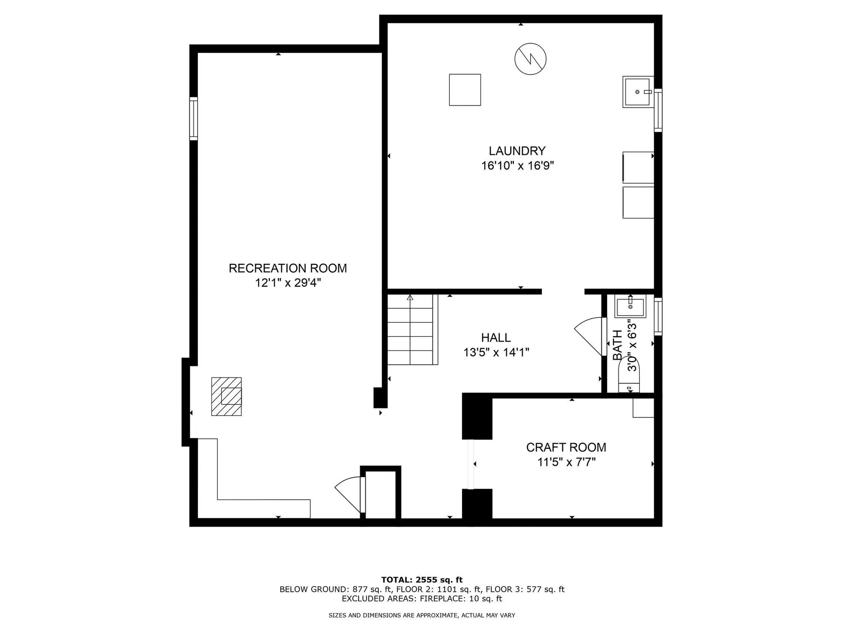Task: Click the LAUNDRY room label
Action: (x=517, y=151)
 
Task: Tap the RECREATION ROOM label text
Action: (x=287, y=268)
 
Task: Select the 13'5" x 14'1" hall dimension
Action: (x=496, y=352)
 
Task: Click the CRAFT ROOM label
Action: (x=566, y=447)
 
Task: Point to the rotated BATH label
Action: (x=618, y=345)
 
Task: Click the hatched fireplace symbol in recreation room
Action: (x=226, y=397)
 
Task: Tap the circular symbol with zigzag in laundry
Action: (x=530, y=58)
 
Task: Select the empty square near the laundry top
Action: (x=465, y=90)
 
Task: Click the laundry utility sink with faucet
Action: (x=637, y=92)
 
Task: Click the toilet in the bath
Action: (x=629, y=376)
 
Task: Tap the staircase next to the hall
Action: (x=412, y=330)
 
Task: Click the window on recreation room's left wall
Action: (x=193, y=119)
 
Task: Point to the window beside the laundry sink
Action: (x=658, y=110)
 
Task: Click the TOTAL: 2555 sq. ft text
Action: (x=422, y=580)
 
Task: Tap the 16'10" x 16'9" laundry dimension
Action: (x=517, y=166)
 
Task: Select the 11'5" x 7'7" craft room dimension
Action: (x=566, y=462)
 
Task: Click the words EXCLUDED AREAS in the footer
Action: (x=379, y=599)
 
